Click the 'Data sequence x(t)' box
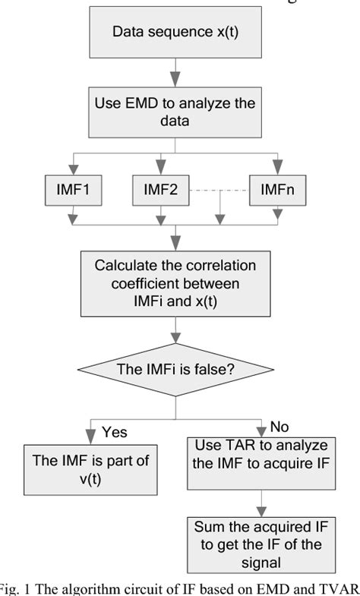(x=175, y=32)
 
